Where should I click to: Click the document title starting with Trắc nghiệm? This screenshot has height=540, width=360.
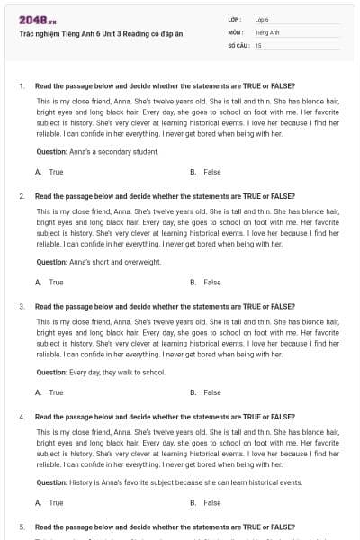point(101,32)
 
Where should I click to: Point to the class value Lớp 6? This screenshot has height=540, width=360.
point(263,19)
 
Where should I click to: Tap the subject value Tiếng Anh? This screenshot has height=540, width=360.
point(266,31)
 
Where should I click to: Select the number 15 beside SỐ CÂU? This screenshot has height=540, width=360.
point(258,44)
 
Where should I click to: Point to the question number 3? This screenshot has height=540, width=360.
point(21,307)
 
